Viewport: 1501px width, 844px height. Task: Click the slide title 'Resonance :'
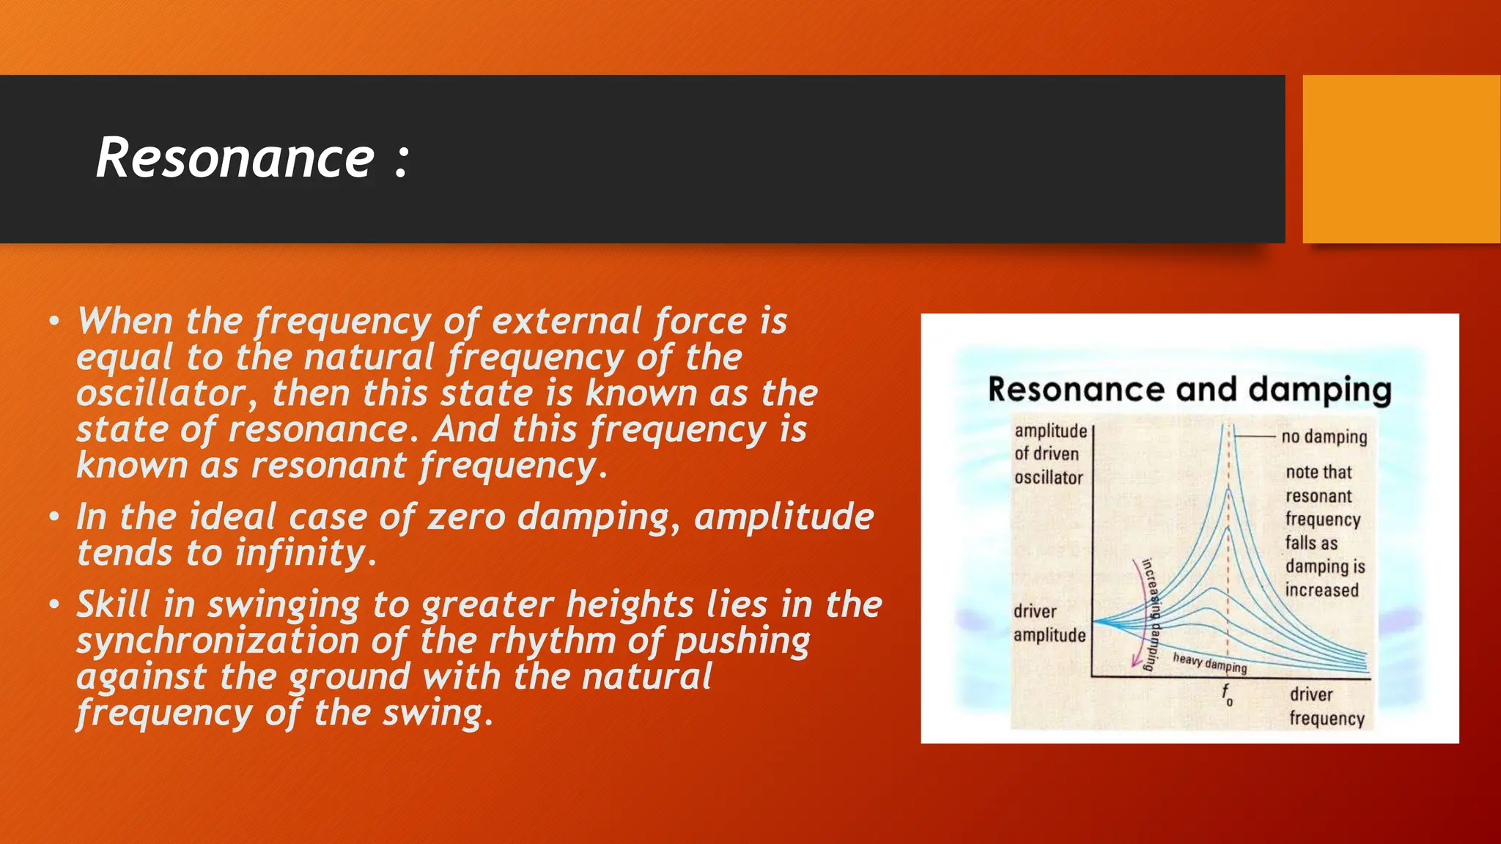tap(252, 158)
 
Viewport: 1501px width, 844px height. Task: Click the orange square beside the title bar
tap(1401, 158)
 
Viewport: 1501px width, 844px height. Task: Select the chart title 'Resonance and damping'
tap(1189, 390)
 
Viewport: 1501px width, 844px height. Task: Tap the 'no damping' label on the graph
tap(1324, 437)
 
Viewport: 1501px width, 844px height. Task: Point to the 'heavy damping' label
tap(1209, 662)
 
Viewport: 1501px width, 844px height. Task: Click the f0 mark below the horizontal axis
tap(1227, 694)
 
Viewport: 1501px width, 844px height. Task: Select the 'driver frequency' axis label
tap(1326, 706)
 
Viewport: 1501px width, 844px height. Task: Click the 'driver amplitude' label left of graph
tap(1049, 623)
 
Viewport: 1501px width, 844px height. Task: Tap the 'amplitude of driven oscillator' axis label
tap(1050, 454)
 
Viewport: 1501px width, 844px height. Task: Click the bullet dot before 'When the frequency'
tap(54, 321)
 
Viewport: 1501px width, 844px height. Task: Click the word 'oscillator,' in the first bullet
tap(166, 393)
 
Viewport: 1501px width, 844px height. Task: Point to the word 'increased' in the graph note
tap(1321, 591)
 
